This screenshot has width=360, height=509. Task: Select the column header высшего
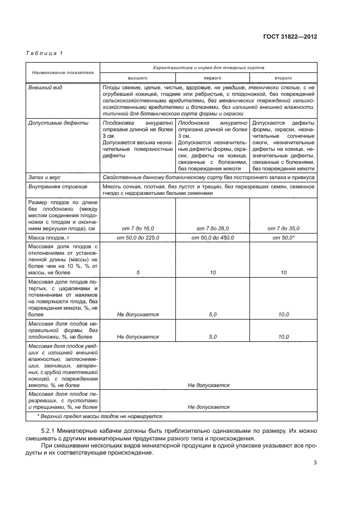(x=138, y=78)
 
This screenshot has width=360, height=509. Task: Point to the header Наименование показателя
(x=63, y=72)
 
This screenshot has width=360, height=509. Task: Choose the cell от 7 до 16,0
(x=138, y=229)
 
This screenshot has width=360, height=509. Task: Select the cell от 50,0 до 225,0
(x=138, y=238)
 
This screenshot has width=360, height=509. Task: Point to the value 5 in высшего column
(x=138, y=272)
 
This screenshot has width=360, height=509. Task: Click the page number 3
(x=315, y=463)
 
